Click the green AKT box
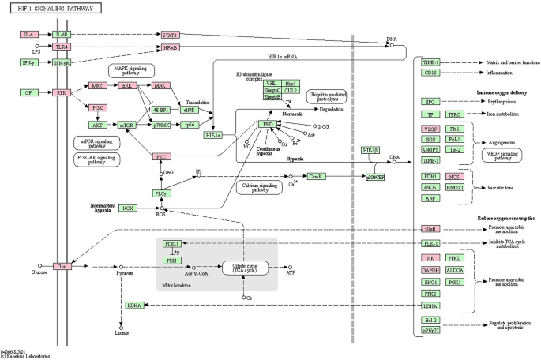tap(99, 125)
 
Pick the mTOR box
tap(126, 125)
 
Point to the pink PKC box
tap(162, 157)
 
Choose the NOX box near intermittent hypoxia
tap(128, 208)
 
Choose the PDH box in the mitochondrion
tap(170, 260)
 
